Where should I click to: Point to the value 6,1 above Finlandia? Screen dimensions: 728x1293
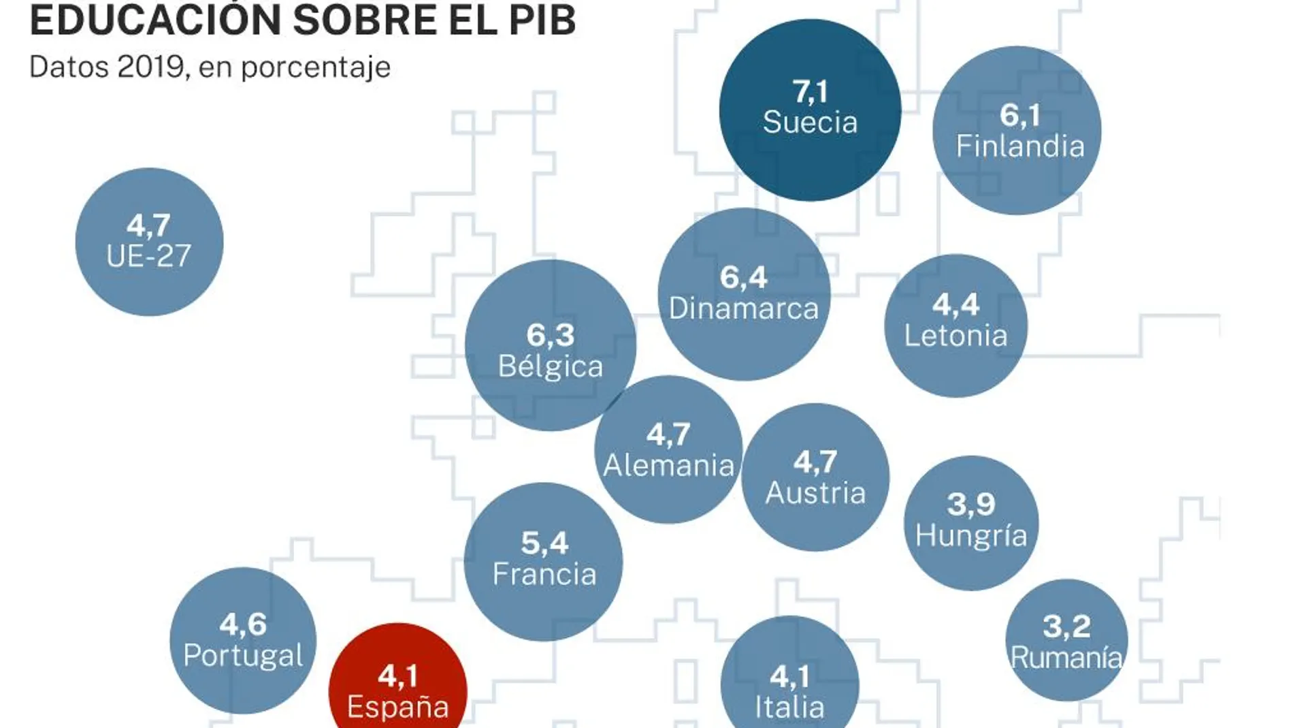1019,115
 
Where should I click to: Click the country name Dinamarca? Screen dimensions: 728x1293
743,308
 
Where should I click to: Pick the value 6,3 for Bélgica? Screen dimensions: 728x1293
550,335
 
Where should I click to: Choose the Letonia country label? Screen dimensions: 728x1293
955,336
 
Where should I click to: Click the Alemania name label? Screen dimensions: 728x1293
668,466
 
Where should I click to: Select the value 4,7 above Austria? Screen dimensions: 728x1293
815,462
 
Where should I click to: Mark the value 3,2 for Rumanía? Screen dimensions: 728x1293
1066,627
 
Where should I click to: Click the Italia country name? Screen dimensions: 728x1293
789,707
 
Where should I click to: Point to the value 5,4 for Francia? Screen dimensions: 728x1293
544,543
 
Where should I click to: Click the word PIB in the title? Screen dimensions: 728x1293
542,20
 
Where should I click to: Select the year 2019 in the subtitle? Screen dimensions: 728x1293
150,67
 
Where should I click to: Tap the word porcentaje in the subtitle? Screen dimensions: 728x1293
316,67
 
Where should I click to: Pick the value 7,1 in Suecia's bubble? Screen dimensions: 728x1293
810,91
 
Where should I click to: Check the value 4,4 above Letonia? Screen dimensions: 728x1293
955,304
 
